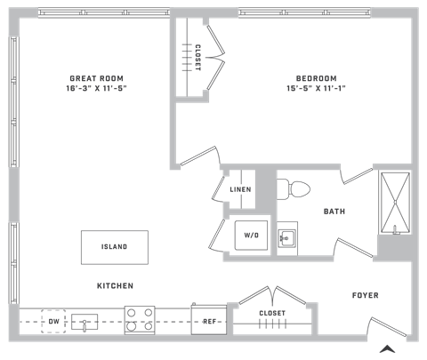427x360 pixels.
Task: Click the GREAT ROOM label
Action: (96, 78)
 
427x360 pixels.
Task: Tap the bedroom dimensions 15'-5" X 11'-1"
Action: (316, 88)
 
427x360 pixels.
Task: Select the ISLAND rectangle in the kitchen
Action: (115, 247)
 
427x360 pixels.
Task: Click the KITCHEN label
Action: (115, 286)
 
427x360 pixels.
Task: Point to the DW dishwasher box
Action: (53, 321)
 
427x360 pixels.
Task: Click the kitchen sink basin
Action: (85, 322)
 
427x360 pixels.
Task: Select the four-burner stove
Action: (140, 320)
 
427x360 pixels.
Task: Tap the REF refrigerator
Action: (209, 320)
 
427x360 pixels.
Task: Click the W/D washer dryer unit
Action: (251, 236)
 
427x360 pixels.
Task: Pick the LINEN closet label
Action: (240, 189)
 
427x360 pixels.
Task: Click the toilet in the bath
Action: (294, 189)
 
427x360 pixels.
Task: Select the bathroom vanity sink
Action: (287, 238)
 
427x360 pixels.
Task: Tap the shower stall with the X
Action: (395, 203)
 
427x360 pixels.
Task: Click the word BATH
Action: (334, 212)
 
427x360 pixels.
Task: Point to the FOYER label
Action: (366, 295)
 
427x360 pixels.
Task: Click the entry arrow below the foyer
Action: (388, 349)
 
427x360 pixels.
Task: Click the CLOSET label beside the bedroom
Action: (197, 58)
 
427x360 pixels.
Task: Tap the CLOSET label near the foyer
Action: (272, 313)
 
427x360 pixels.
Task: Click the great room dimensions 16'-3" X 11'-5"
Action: (96, 88)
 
